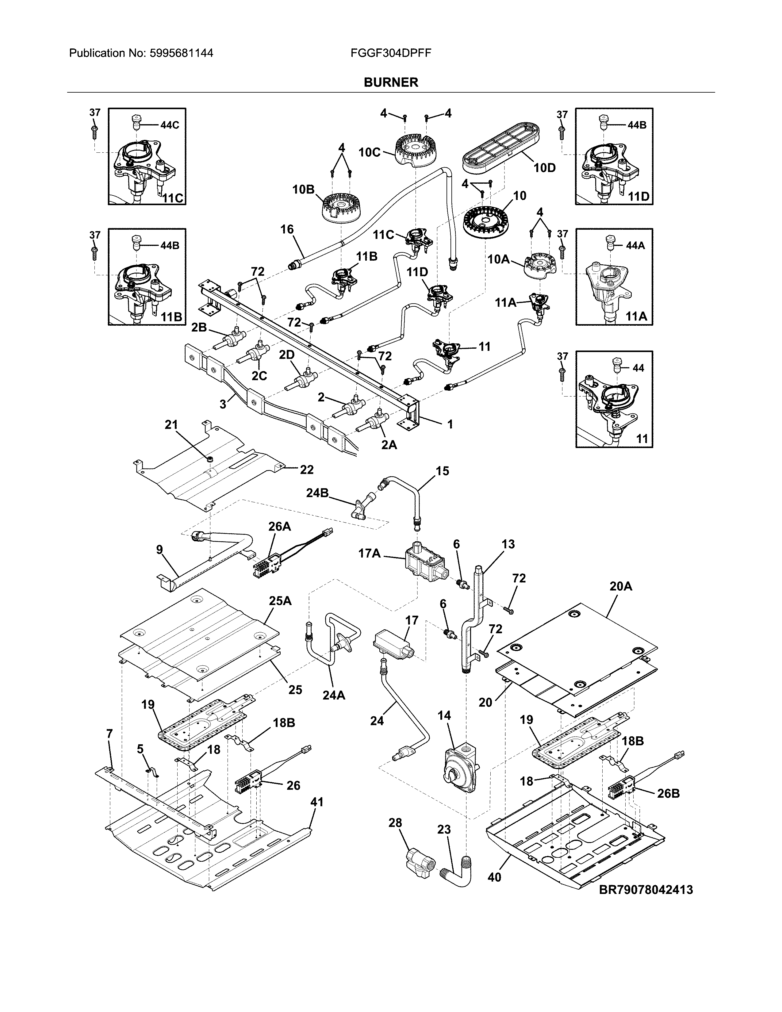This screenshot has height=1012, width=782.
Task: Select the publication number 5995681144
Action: (x=182, y=53)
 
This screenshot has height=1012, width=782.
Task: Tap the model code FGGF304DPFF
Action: (x=391, y=53)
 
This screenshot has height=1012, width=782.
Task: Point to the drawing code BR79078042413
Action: (x=646, y=889)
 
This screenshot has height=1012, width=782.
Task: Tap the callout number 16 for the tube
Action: (x=287, y=229)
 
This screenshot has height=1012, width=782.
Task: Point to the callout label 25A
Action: (x=280, y=601)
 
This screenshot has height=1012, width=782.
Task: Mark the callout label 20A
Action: (x=621, y=587)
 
